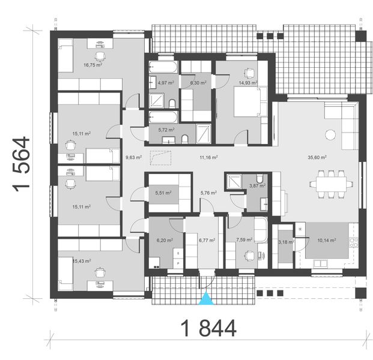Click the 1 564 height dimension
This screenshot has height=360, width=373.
(x=23, y=163)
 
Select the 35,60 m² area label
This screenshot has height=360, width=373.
(x=317, y=158)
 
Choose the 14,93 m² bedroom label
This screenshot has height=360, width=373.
(x=247, y=83)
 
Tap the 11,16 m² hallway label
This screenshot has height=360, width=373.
(x=208, y=158)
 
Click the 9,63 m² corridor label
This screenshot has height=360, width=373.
(x=133, y=158)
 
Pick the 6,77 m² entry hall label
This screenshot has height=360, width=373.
(x=206, y=242)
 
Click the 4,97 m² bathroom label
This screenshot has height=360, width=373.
(x=165, y=83)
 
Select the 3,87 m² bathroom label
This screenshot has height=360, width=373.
(x=257, y=187)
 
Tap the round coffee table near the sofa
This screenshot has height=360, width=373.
(x=329, y=134)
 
